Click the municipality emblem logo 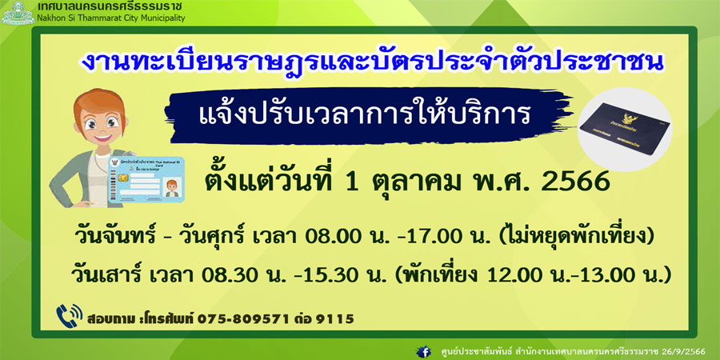point(18,12)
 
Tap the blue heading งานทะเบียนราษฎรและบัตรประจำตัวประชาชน point(371,62)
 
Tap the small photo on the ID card point(171,187)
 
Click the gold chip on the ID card point(123,178)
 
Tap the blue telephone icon point(70,315)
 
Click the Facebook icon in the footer point(423,352)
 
